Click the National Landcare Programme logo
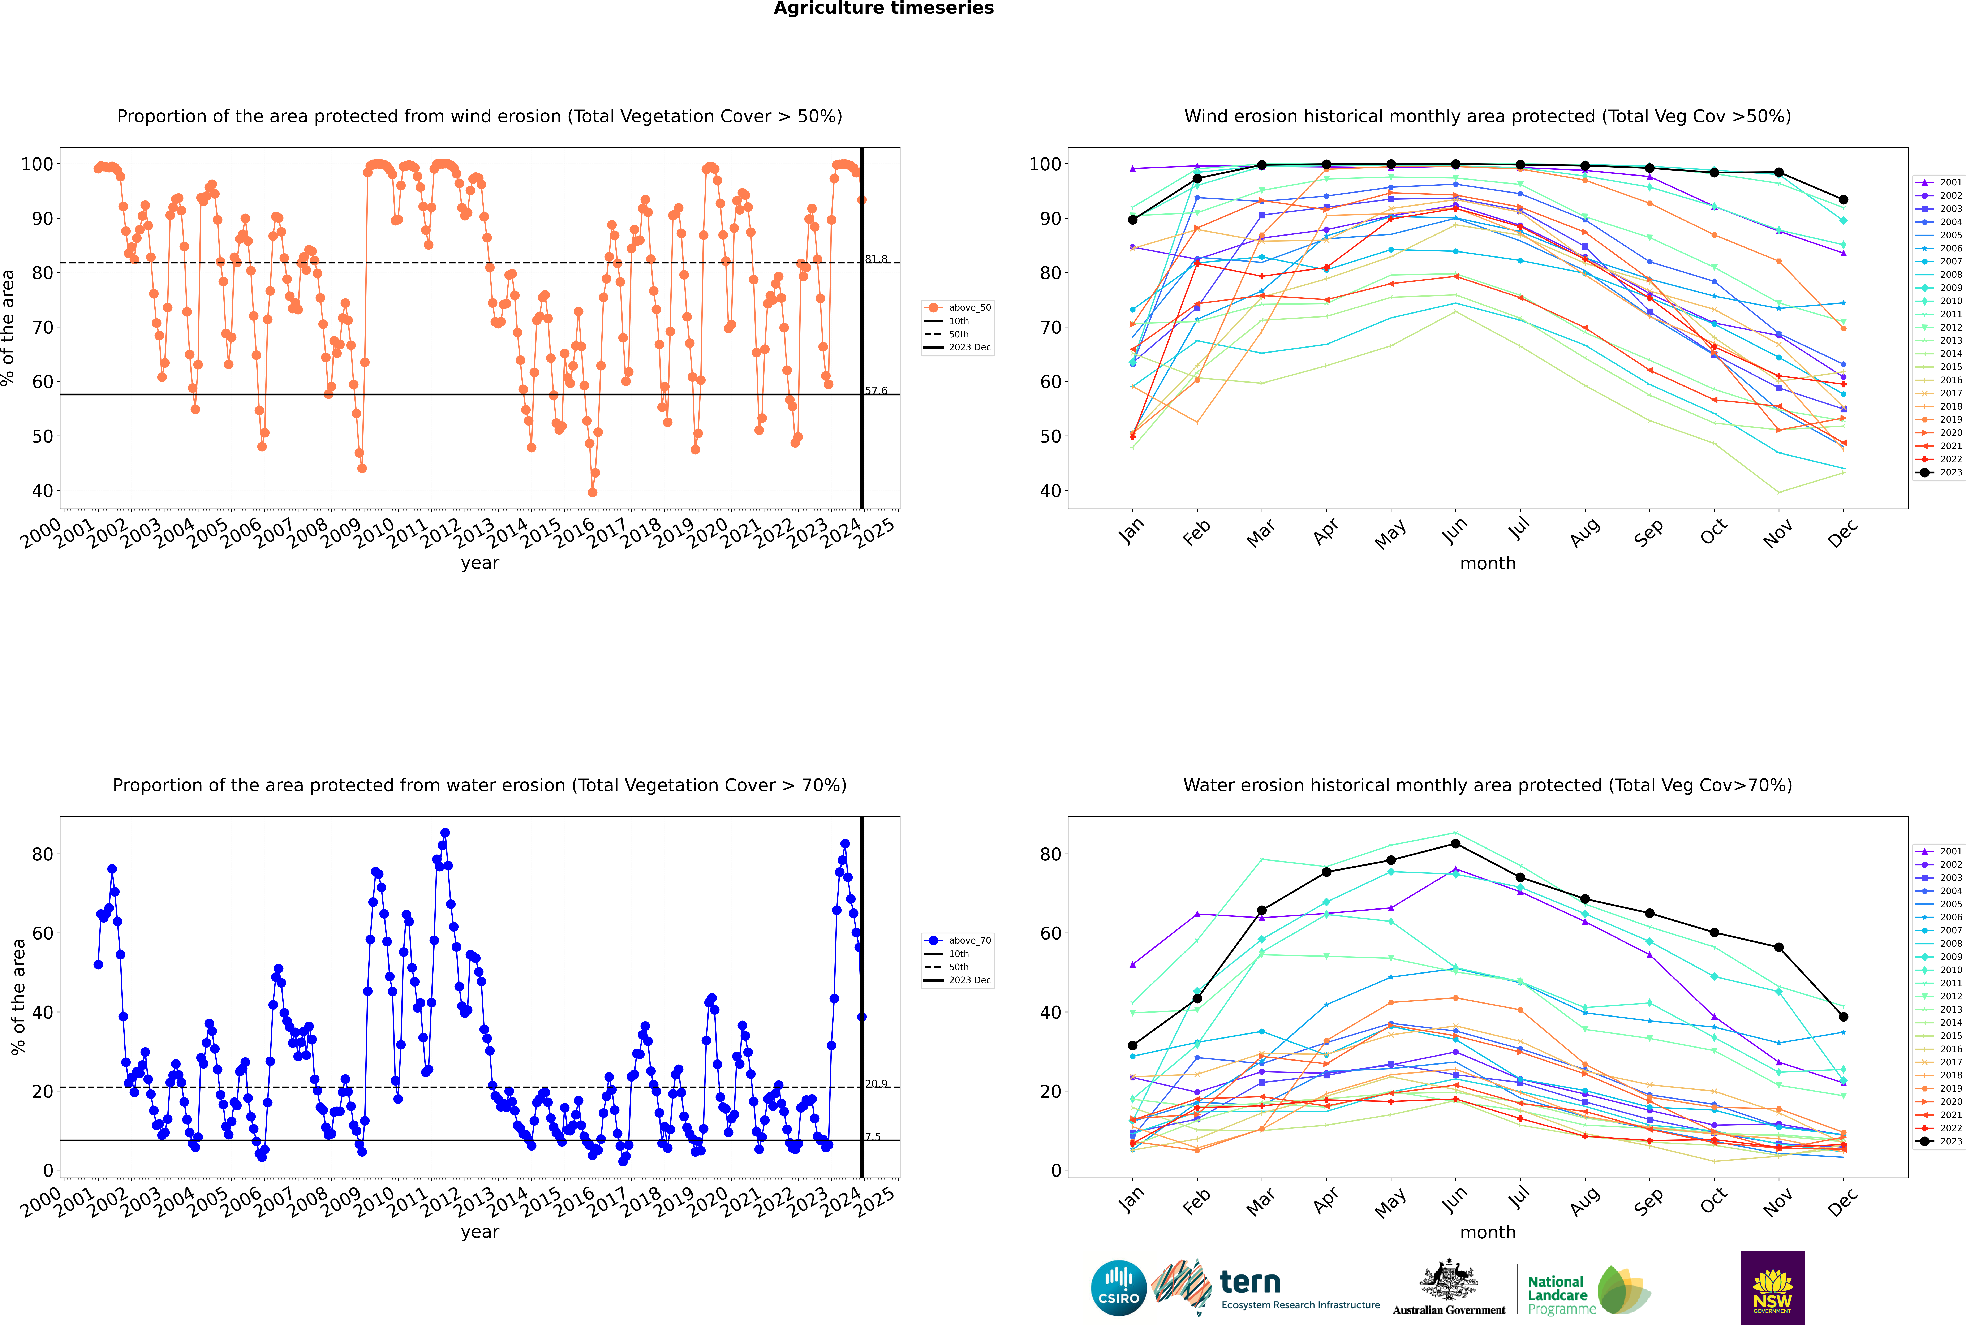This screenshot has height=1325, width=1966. coord(1589,1290)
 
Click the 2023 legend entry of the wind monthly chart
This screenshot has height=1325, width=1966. coord(1940,472)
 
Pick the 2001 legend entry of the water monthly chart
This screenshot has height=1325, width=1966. coord(1940,851)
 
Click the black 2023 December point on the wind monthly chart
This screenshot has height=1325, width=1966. coord(1844,200)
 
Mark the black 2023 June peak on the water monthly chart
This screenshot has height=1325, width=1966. coord(1455,843)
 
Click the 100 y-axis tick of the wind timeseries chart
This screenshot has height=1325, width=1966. coord(37,164)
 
